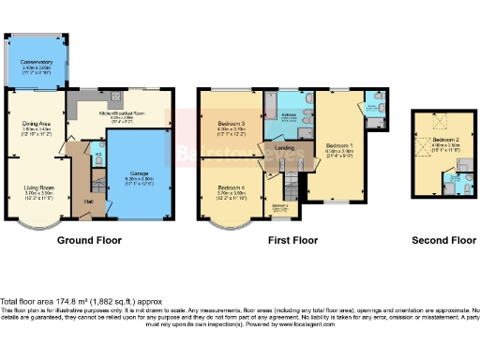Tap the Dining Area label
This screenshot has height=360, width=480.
pyautogui.click(x=37, y=123)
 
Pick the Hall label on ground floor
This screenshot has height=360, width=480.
pyautogui.click(x=88, y=201)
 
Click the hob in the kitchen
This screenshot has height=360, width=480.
pyautogui.click(x=116, y=96)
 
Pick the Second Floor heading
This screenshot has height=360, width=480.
pyautogui.click(x=442, y=240)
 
